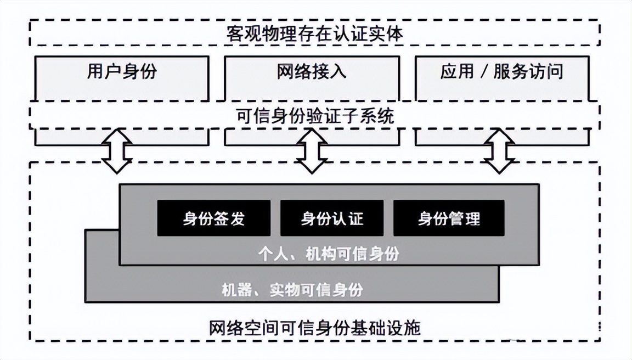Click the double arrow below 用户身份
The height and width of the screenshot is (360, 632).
coord(117,150)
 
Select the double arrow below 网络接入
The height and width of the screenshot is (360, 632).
coord(311,150)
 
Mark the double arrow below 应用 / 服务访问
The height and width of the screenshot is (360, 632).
coord(499,150)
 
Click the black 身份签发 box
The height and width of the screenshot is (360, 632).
coord(213,218)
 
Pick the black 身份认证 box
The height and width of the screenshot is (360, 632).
coord(331,218)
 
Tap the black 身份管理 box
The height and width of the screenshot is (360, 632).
coord(449,218)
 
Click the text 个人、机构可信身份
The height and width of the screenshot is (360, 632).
coord(329,255)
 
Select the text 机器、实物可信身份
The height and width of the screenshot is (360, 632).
coord(292,289)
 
